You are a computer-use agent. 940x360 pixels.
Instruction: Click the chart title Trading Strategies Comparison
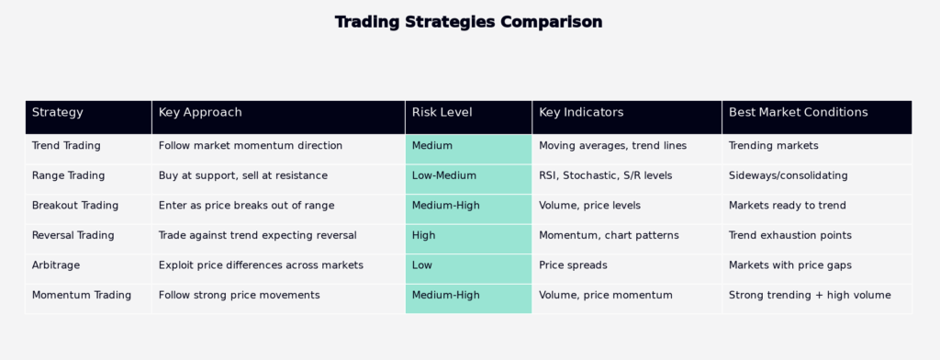468,22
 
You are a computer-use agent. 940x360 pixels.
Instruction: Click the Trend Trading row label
66,146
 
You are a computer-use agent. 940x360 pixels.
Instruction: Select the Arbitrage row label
56,265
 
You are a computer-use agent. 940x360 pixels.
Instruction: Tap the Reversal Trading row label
73,235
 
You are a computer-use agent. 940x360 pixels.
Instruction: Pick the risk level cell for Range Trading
468,179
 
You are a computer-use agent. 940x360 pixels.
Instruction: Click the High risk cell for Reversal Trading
468,239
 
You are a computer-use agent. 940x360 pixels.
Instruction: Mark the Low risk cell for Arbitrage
468,269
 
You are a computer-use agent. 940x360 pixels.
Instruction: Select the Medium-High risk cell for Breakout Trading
468,208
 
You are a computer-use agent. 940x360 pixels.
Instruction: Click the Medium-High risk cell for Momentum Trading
468,298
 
